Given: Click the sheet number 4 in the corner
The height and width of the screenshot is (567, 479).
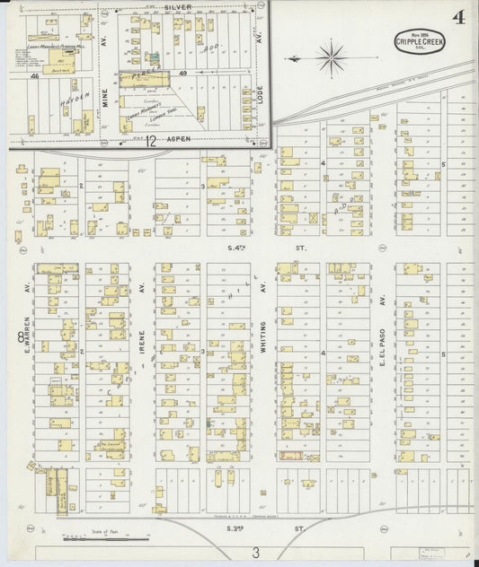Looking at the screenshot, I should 458,16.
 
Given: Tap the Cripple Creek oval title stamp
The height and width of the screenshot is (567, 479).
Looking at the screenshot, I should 416,41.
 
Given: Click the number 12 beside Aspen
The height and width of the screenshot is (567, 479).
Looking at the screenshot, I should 151,142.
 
